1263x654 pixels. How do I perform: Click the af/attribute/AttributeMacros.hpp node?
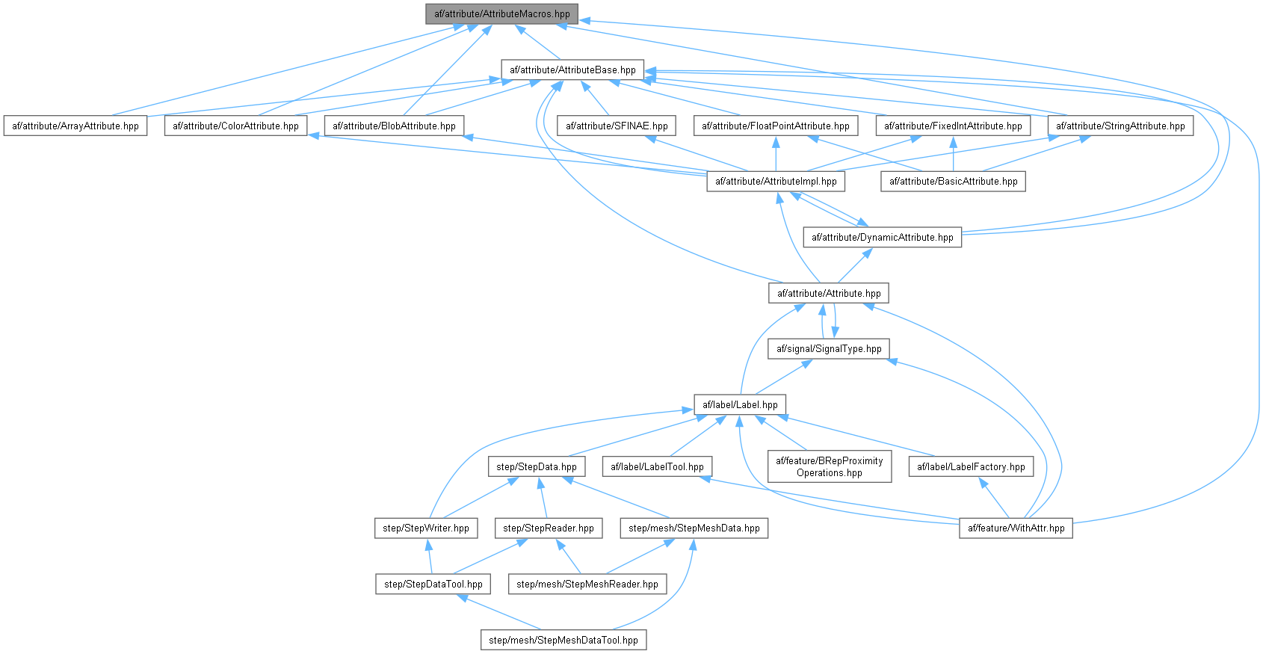[x=501, y=14]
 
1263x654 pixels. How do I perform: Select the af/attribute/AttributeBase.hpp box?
[x=572, y=70]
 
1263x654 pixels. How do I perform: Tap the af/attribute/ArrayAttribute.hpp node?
[x=75, y=126]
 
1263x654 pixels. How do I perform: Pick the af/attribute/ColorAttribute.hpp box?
[x=235, y=126]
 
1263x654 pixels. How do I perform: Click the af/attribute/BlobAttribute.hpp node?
[x=394, y=126]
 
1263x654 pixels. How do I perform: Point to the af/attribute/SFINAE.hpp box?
[x=617, y=126]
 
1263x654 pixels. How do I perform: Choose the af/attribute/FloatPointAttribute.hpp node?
[x=776, y=126]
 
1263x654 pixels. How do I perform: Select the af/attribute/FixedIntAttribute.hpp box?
[x=953, y=126]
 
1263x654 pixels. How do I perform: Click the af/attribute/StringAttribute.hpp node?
[x=1120, y=126]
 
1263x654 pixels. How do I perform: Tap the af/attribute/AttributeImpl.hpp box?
[x=776, y=182]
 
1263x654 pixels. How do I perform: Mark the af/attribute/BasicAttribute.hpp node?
[x=953, y=182]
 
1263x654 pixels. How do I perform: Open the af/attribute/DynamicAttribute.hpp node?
[x=883, y=238]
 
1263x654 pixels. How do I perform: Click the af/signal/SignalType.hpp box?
[x=829, y=349]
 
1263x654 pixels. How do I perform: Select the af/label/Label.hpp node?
[x=739, y=405]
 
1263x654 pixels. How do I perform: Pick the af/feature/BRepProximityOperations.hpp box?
[x=829, y=467]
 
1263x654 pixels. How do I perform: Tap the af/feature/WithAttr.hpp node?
[x=1016, y=528]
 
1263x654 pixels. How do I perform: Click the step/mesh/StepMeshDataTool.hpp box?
[x=563, y=641]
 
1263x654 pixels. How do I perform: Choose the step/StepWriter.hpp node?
[x=426, y=528]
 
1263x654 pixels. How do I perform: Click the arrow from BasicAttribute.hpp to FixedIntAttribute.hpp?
[x=953, y=154]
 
